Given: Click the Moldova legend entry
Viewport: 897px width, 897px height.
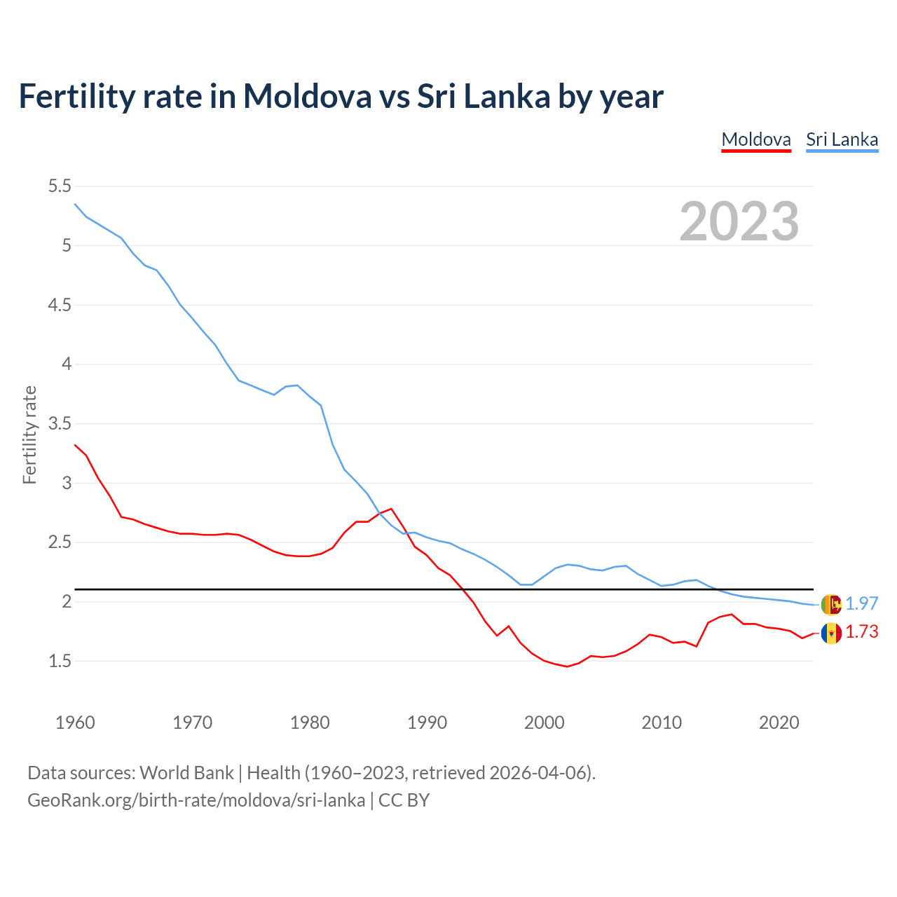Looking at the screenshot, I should [756, 139].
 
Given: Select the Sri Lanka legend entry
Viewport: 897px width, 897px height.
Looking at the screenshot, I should [842, 139].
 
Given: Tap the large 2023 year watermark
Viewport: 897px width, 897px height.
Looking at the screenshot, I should [739, 221].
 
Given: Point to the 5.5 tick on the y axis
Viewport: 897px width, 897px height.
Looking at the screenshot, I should [60, 186].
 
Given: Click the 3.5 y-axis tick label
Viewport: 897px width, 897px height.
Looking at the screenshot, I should [60, 424].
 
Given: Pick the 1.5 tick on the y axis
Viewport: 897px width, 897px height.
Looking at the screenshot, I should [60, 662].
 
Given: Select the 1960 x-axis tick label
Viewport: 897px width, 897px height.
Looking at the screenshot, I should [75, 723].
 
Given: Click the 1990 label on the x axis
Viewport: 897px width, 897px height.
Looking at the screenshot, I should [427, 723].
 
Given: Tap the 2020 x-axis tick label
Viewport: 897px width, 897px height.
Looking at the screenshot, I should [779, 723].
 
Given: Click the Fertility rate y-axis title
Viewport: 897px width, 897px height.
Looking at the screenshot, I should [29, 434].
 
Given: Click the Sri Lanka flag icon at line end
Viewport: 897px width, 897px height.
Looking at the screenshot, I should [831, 604].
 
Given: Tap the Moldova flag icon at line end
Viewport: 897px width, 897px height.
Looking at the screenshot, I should [831, 634].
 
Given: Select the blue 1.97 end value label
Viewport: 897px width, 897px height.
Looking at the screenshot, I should [861, 603].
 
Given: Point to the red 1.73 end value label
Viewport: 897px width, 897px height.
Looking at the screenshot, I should [861, 632].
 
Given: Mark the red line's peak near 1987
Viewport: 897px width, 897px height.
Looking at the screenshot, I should [391, 509].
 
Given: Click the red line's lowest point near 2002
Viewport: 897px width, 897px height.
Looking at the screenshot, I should [567, 666].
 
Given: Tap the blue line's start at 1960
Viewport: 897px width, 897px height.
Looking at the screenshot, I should [75, 204].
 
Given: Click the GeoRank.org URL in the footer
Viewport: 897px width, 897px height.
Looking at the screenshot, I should [196, 800].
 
